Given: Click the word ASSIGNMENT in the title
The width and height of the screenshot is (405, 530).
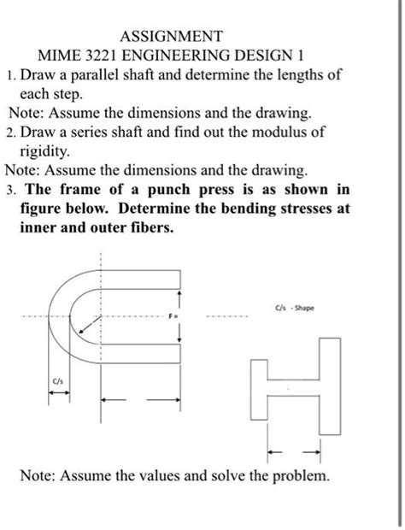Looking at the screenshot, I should (172, 37).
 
